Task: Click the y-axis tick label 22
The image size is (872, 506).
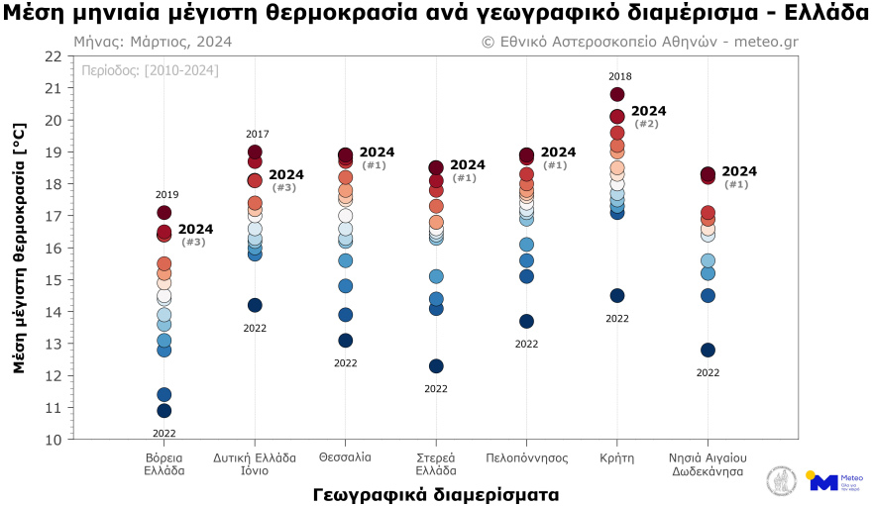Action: coord(53,55)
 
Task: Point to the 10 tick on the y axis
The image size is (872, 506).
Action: coord(53,439)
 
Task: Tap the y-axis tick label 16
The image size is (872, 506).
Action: coord(53,248)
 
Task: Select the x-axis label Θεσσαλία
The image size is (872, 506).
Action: coord(345,457)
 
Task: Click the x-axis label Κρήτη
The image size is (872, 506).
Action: coord(616,457)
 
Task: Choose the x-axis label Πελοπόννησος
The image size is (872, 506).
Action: coord(526,457)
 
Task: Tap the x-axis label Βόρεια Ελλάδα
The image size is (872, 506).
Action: coord(164,464)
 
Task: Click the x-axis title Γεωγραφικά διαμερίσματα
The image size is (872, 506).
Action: coord(435,493)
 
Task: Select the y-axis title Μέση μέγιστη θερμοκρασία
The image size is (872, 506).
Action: coord(19,248)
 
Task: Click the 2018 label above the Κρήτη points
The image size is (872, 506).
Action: coord(619,76)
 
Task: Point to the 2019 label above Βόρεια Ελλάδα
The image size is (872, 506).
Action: coord(166,194)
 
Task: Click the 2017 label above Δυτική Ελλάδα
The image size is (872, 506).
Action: coord(257,134)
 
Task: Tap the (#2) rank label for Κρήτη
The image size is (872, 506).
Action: coord(646,124)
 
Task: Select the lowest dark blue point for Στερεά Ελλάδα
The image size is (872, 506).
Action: coord(436,365)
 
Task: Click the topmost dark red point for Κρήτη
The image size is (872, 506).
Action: coord(617,94)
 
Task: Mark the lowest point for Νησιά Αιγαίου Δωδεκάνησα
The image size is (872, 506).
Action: coord(708,350)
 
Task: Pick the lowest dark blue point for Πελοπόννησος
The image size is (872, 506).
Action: coord(526,321)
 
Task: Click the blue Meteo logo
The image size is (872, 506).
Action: coord(823,482)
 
